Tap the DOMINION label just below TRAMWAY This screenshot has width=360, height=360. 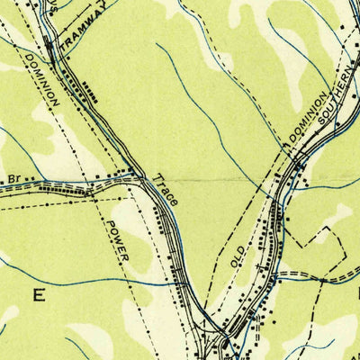[x=42, y=82]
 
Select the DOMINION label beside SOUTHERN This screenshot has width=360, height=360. [x=306, y=116]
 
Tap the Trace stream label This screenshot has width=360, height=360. [x=166, y=189]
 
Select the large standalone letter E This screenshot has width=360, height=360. [x=38, y=294]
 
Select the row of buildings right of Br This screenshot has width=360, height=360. [x=58, y=189]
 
